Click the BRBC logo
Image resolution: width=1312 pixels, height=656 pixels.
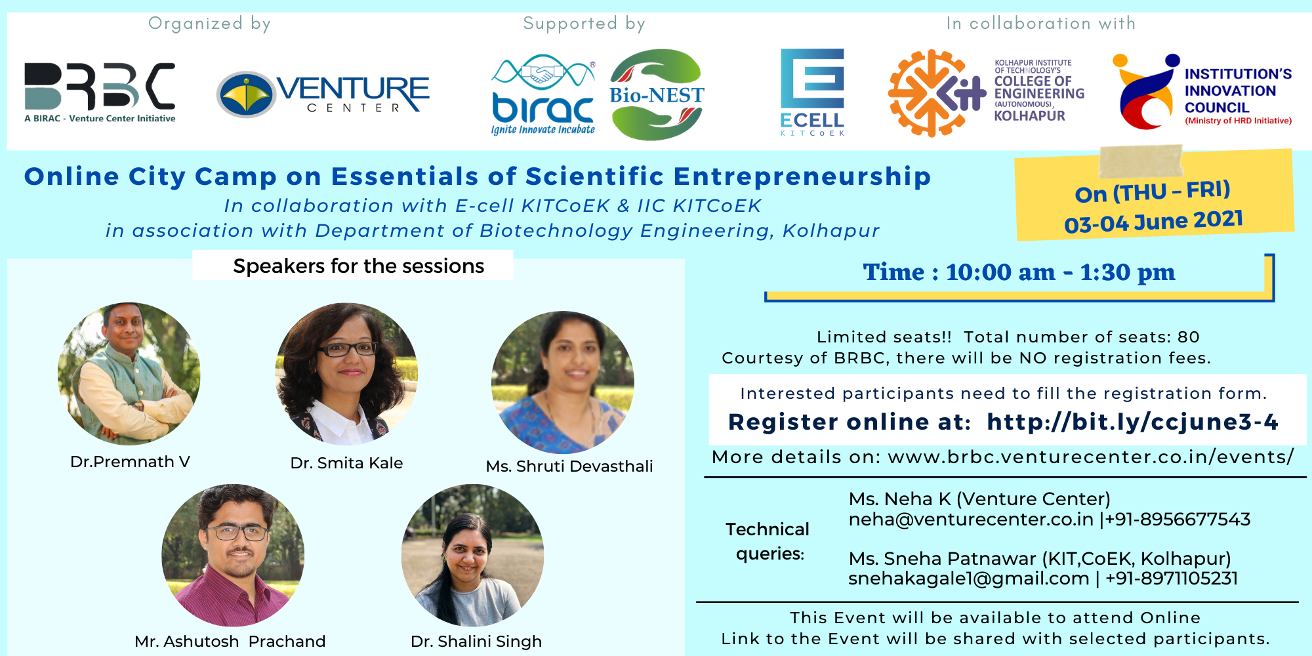(x=100, y=92)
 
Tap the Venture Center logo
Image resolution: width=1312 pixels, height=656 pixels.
(x=323, y=94)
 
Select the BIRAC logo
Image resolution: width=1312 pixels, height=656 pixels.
(x=543, y=94)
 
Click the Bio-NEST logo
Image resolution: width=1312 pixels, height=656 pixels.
(x=657, y=94)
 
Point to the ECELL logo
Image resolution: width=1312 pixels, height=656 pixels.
(x=812, y=92)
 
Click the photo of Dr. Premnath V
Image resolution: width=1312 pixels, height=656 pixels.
(x=129, y=373)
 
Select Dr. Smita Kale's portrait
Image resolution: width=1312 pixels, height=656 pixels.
(x=346, y=374)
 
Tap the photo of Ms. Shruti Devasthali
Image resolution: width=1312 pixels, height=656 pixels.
(x=563, y=382)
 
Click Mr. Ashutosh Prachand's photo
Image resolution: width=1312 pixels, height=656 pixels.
(x=233, y=556)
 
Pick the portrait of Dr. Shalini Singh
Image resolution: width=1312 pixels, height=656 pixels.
(x=472, y=555)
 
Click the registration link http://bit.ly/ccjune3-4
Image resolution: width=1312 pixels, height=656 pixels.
(x=1133, y=422)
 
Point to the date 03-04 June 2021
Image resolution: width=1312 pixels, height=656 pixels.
(x=1153, y=221)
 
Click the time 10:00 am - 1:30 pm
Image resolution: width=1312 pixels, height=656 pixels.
(x=1061, y=272)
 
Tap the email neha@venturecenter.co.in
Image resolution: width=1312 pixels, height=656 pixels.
(x=971, y=520)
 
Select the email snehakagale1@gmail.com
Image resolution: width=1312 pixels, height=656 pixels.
(x=968, y=579)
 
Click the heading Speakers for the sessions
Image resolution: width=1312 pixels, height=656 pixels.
(x=358, y=266)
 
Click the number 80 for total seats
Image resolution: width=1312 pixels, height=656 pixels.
(x=1188, y=337)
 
